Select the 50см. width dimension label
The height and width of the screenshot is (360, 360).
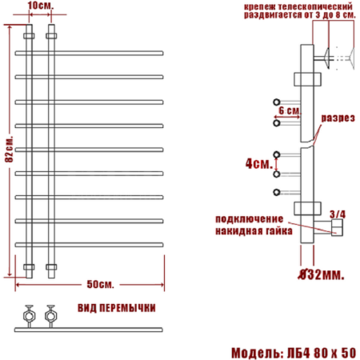[x=99, y=284]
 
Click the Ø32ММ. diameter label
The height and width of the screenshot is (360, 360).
[x=321, y=274]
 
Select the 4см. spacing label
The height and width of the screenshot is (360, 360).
[x=257, y=163]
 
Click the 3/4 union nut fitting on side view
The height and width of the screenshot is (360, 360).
[x=336, y=230]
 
